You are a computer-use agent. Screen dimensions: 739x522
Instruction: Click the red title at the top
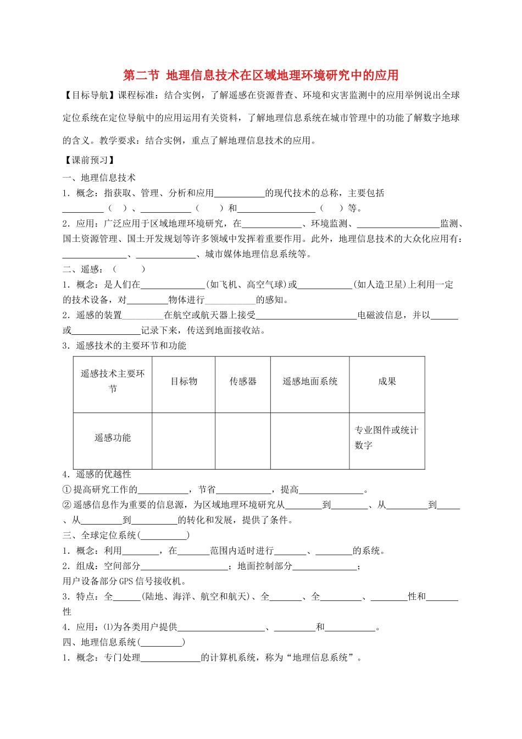(x=260, y=75)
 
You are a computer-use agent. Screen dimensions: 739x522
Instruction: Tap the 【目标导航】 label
(x=90, y=95)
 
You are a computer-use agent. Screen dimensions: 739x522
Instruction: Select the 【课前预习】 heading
(x=90, y=160)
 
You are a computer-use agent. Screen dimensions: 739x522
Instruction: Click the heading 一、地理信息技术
(x=99, y=178)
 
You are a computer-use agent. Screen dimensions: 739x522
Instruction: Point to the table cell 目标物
(x=184, y=382)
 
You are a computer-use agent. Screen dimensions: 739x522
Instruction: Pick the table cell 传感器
(x=243, y=382)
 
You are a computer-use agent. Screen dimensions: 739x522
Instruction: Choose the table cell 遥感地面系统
(x=310, y=382)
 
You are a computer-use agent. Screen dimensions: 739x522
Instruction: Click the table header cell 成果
(x=387, y=382)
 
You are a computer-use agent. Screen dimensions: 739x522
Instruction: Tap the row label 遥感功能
(x=113, y=438)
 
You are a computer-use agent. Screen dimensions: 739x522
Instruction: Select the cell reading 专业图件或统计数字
(x=386, y=438)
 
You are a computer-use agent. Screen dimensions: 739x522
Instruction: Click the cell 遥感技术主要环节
(x=113, y=381)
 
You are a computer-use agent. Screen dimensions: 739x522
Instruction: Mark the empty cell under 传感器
(x=243, y=440)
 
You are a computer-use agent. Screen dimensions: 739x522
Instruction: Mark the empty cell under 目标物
(x=184, y=440)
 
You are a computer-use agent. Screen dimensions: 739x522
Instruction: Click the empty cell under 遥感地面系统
(x=310, y=440)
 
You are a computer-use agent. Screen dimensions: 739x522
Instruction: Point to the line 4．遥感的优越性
(x=97, y=474)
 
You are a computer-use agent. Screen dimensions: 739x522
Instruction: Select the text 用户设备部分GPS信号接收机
(x=124, y=581)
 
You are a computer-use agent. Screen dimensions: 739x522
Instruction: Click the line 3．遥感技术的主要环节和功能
(x=124, y=345)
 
